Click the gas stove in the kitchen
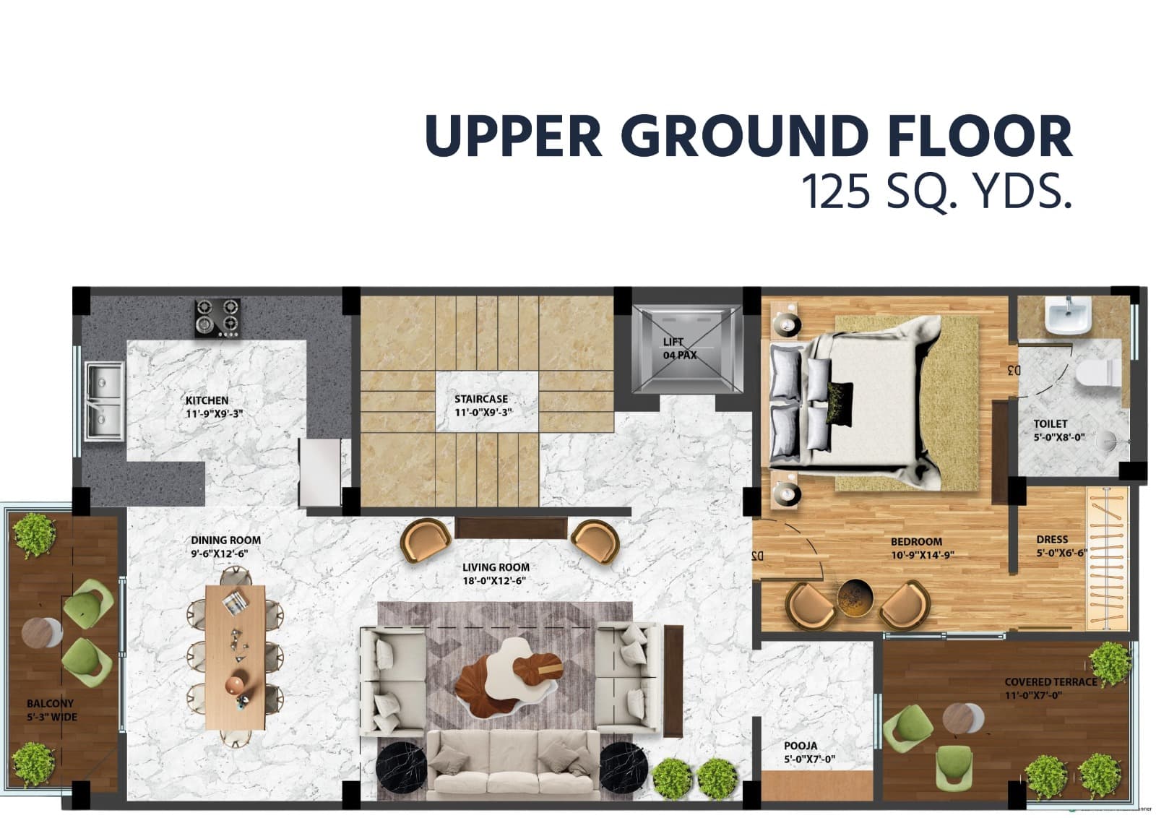(x=217, y=318)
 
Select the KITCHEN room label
(x=207, y=400)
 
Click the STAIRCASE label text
(x=481, y=399)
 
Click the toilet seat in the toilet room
(x=1097, y=373)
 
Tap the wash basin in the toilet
(x=1069, y=316)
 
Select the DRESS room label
(x=1051, y=539)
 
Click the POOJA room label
(x=801, y=746)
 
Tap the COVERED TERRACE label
(x=1050, y=681)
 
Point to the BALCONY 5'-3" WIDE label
(x=51, y=710)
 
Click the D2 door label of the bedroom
(x=756, y=556)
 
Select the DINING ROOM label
(x=225, y=540)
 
